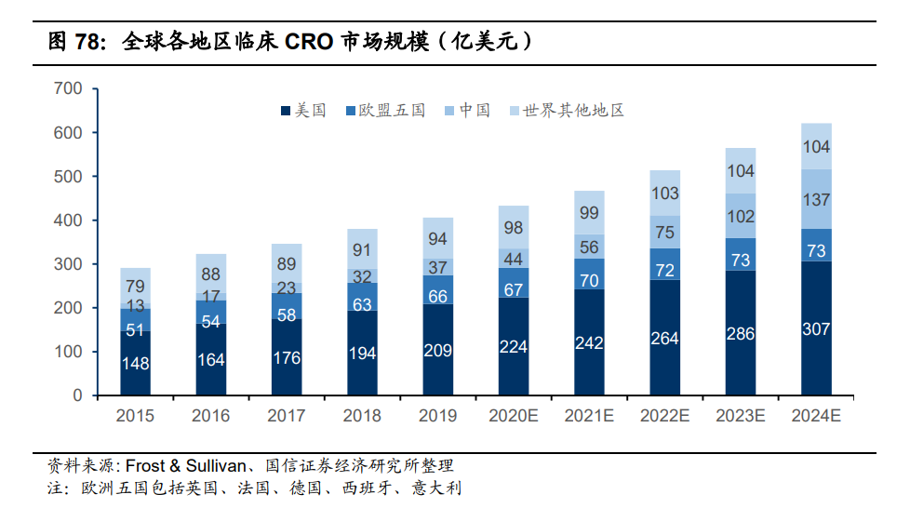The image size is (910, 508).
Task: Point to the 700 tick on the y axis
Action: click(69, 89)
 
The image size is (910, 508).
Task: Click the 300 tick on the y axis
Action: click(69, 264)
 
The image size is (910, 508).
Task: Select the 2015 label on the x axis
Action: click(135, 416)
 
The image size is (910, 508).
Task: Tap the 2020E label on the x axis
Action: click(513, 416)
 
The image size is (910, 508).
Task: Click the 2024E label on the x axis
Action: click(816, 416)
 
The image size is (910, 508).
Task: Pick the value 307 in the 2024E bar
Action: click(816, 328)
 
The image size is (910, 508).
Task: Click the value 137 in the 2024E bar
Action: click(816, 199)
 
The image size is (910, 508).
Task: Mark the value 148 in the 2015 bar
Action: click(135, 363)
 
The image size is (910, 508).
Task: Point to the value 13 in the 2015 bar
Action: click(135, 305)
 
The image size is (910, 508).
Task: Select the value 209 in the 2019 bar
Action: click(437, 350)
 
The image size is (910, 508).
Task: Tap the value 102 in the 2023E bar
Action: click(741, 216)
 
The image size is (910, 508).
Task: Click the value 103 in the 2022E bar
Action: click(664, 194)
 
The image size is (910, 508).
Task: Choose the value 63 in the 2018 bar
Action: click(362, 304)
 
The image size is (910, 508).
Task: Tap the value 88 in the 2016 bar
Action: click(210, 274)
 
